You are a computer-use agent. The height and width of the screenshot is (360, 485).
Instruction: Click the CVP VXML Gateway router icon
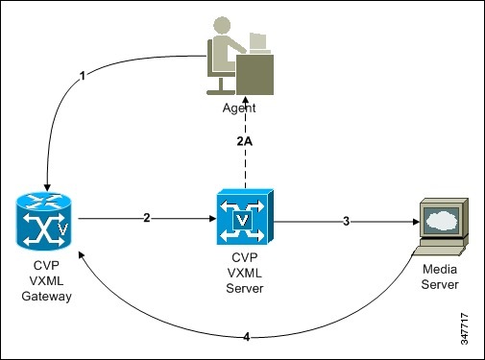click(44, 221)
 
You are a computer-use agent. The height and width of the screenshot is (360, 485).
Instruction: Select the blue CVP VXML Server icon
click(245, 217)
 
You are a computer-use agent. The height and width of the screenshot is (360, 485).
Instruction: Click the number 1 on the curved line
click(83, 76)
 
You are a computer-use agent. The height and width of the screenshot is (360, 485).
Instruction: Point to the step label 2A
click(245, 141)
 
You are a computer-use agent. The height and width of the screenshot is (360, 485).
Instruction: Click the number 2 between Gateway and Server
click(147, 218)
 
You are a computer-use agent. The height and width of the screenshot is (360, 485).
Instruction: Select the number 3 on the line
click(346, 221)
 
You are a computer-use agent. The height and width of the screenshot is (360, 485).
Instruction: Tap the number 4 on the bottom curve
click(247, 337)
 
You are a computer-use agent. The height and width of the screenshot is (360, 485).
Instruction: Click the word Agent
click(239, 108)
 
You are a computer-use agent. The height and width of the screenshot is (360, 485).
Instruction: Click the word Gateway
click(46, 296)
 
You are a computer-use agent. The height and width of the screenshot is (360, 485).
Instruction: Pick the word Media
click(440, 269)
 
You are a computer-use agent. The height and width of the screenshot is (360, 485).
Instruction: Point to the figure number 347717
click(465, 329)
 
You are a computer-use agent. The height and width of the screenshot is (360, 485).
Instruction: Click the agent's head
click(222, 26)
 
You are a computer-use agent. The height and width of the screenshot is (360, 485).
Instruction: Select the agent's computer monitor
click(258, 42)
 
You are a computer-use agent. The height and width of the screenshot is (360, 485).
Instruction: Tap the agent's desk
click(255, 75)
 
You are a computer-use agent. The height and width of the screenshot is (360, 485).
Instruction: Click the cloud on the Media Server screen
click(443, 219)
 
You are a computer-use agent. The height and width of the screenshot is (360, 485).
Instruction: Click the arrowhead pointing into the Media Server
click(416, 222)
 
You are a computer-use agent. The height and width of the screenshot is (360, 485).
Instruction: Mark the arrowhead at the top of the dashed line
click(245, 99)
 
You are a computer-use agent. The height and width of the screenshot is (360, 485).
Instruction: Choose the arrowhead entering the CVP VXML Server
click(212, 219)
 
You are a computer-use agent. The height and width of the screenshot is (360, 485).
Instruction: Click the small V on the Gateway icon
click(63, 229)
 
